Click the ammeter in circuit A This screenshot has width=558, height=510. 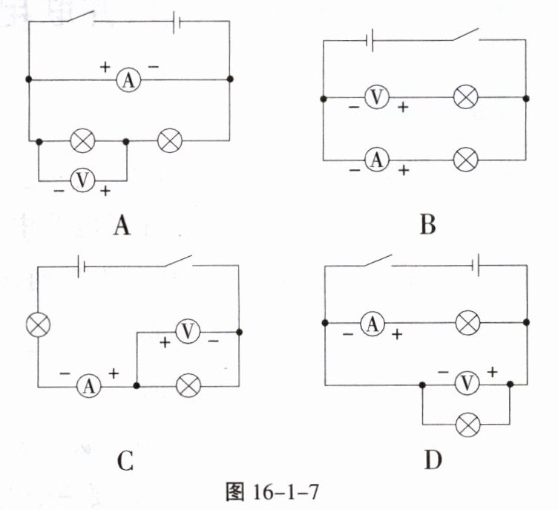[128, 80]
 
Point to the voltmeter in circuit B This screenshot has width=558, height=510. [378, 97]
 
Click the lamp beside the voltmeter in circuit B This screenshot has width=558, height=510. [465, 97]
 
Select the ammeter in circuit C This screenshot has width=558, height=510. [89, 385]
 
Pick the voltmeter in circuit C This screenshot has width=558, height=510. [188, 332]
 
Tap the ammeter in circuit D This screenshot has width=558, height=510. [372, 324]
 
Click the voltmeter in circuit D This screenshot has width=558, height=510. [467, 385]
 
